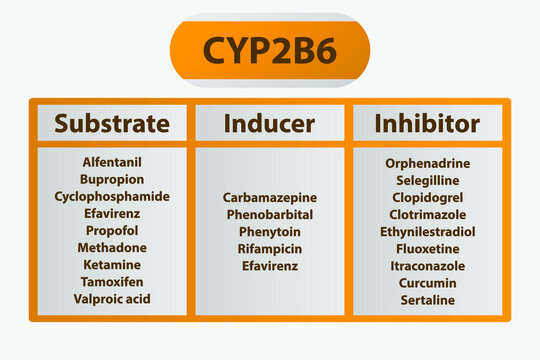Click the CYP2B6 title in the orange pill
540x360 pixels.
tap(270, 52)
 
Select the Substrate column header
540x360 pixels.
tap(112, 124)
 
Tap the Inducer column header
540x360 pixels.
tap(269, 124)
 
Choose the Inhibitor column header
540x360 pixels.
tap(427, 124)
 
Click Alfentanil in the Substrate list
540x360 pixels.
tap(112, 162)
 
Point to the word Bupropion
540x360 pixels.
tap(112, 179)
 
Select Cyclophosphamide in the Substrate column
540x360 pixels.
tap(112, 196)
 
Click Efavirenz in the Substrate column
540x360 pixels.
tap(112, 213)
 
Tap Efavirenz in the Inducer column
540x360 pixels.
tap(269, 266)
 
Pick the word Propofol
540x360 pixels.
tap(112, 230)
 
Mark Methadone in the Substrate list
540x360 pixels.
tap(112, 247)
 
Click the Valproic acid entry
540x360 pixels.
tap(112, 298)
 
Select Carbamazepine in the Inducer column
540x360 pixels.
tap(269, 198)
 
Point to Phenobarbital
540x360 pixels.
tap(269, 215)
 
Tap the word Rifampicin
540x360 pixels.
tap(269, 249)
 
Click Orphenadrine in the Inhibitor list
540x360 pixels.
tap(427, 163)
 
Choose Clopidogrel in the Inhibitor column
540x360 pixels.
tap(427, 197)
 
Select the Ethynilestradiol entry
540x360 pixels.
tap(427, 231)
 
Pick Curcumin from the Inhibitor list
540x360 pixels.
tap(427, 283)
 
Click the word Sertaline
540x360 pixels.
tap(427, 300)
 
